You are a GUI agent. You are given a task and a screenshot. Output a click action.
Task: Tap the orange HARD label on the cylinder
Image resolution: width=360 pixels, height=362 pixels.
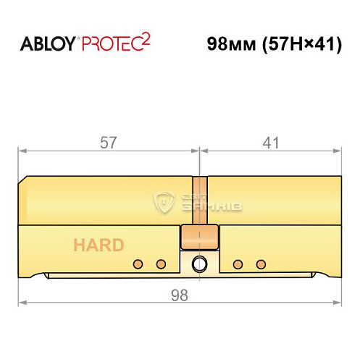click(x=98, y=245)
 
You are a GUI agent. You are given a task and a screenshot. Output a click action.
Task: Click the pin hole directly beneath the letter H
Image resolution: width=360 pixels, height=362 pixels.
click(x=135, y=263)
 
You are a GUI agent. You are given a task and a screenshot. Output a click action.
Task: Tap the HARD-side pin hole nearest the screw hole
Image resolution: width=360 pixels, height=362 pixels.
click(x=162, y=263)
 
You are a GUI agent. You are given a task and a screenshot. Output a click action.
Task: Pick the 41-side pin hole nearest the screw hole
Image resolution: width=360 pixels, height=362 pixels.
click(x=237, y=263)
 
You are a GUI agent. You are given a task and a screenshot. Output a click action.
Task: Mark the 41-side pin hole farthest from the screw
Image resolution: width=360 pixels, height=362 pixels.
click(x=261, y=263)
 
